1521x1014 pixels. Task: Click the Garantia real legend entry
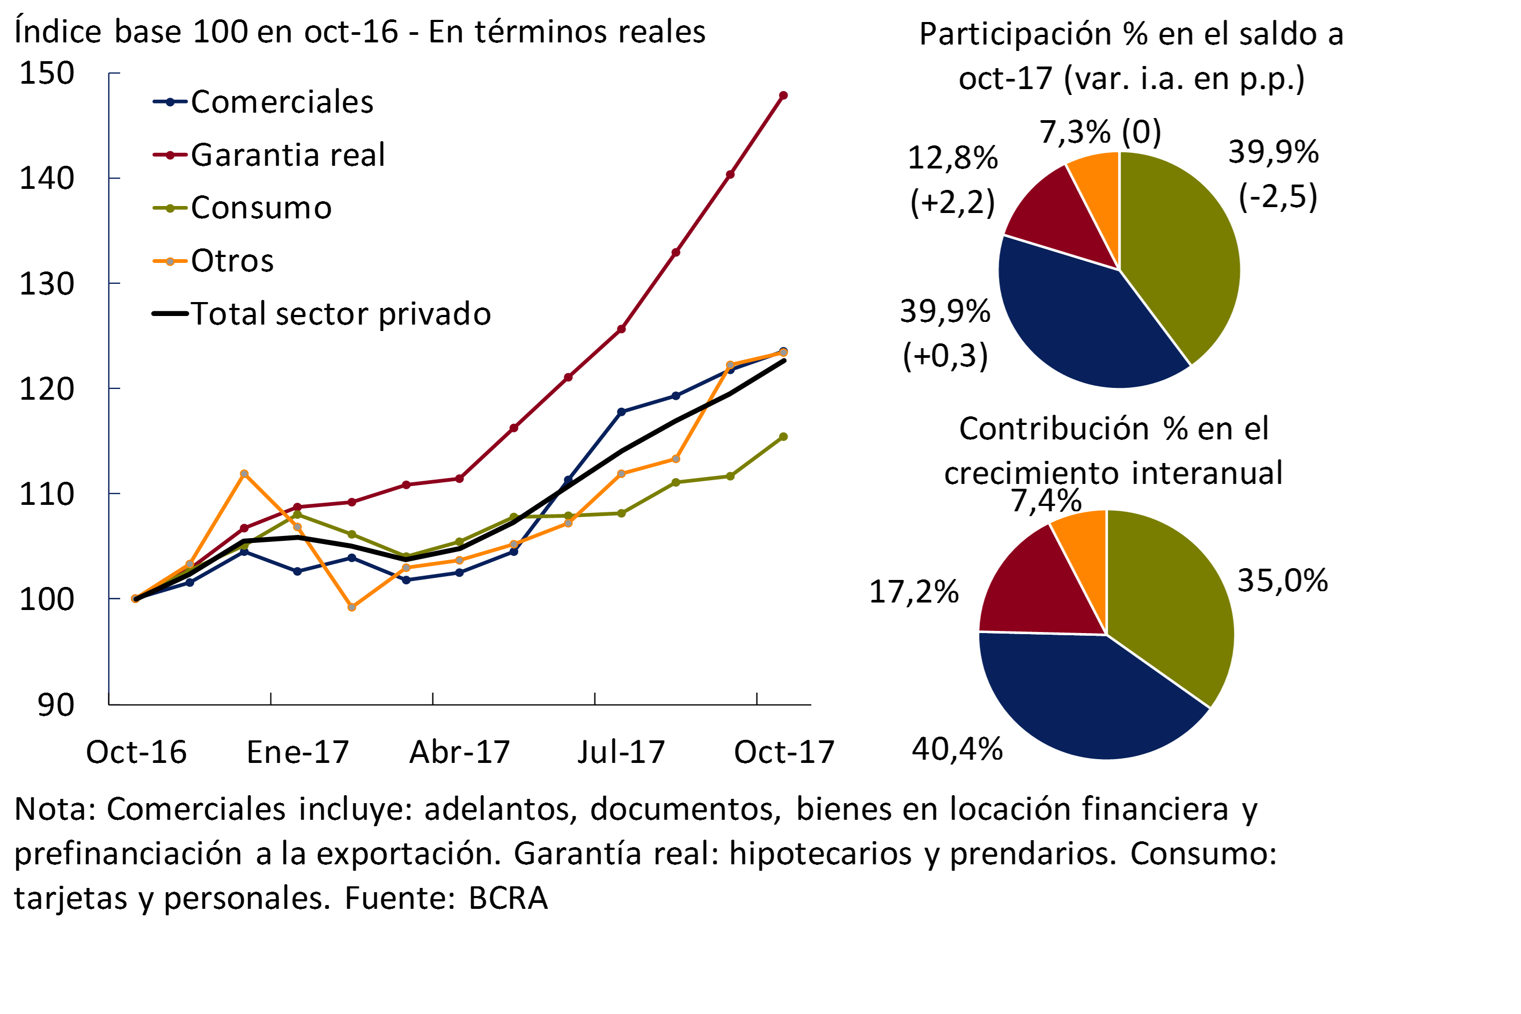[x=287, y=155]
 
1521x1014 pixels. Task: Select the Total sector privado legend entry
[x=340, y=314]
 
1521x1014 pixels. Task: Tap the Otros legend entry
[x=232, y=261]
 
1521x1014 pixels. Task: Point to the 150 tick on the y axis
[x=47, y=73]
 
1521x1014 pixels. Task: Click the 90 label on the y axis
[x=56, y=705]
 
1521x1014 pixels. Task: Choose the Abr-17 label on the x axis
[x=459, y=752]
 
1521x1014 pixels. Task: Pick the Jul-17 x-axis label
[x=621, y=752]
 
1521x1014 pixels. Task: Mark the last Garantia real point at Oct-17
[x=783, y=95]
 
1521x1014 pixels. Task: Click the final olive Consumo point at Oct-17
[x=783, y=437]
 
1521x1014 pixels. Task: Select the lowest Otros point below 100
[x=352, y=607]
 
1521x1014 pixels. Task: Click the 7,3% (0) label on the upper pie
[x=1100, y=133]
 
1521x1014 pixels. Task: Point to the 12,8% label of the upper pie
[x=952, y=158]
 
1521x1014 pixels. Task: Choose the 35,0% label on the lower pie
[x=1282, y=581]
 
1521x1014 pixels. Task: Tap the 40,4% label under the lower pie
[x=957, y=749]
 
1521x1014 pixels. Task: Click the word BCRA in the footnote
[x=508, y=898]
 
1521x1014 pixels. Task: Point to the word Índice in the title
[x=57, y=32]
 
